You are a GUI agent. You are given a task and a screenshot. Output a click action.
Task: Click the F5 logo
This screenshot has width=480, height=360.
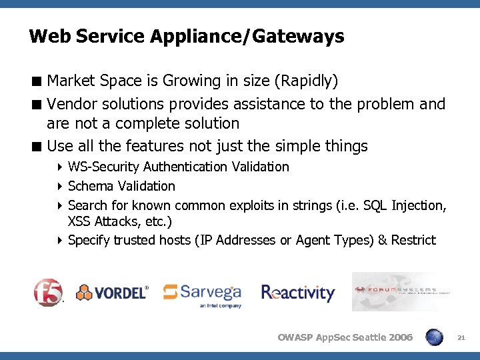49,291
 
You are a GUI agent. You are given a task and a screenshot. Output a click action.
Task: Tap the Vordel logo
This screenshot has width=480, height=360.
112,292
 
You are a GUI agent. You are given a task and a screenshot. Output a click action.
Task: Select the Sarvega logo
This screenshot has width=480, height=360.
202,293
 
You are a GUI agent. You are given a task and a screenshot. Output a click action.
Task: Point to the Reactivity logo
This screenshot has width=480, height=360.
298,293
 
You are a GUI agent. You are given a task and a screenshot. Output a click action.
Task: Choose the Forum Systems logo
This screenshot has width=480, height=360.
402,291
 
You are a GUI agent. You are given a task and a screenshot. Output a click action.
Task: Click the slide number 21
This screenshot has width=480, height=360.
461,338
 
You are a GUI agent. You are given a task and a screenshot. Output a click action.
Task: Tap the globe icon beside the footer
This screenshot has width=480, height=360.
434,337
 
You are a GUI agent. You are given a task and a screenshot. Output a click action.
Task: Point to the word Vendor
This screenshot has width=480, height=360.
71,104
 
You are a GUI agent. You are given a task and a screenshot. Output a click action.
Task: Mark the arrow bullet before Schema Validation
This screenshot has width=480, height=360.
60,187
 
